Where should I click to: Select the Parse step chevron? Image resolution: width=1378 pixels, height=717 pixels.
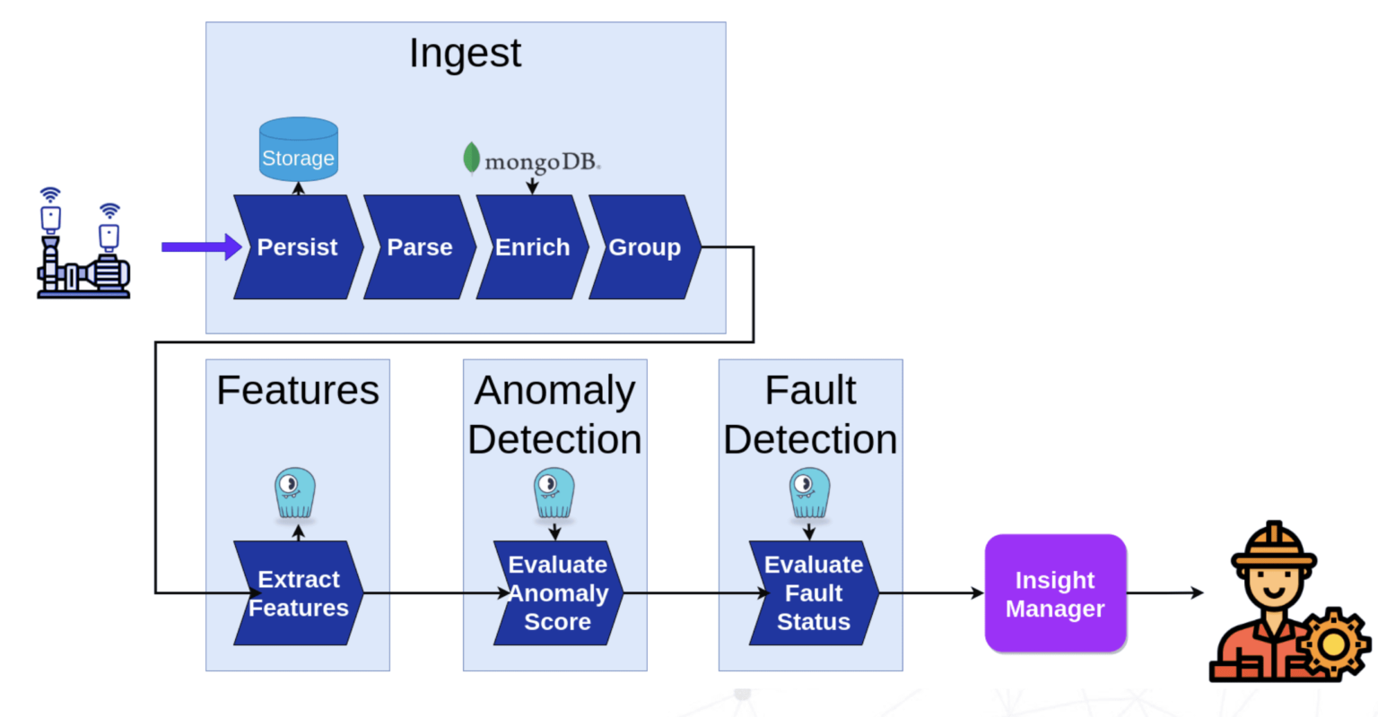click(x=419, y=247)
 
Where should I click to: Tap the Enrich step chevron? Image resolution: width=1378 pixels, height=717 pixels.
click(x=532, y=247)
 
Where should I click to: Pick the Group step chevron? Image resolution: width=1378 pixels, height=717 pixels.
click(x=644, y=247)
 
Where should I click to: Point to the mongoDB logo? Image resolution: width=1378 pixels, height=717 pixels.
click(x=531, y=160)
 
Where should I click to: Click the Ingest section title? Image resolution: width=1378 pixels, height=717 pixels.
click(x=465, y=53)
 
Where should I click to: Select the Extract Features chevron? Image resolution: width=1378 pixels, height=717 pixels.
click(x=298, y=593)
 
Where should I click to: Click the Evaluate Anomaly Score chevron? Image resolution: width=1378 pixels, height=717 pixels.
click(x=557, y=593)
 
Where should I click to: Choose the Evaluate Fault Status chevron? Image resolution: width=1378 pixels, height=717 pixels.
click(x=813, y=593)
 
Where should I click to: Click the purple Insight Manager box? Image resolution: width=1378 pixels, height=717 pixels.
click(x=1055, y=593)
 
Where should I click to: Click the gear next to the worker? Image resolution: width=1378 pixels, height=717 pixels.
click(x=1333, y=644)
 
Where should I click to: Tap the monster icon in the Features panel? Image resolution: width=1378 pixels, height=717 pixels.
click(x=295, y=493)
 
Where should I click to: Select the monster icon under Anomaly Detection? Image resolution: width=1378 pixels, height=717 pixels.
click(x=554, y=493)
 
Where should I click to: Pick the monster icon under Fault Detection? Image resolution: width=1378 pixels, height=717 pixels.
click(x=809, y=493)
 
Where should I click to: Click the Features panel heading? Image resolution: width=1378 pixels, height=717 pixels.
click(x=298, y=391)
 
